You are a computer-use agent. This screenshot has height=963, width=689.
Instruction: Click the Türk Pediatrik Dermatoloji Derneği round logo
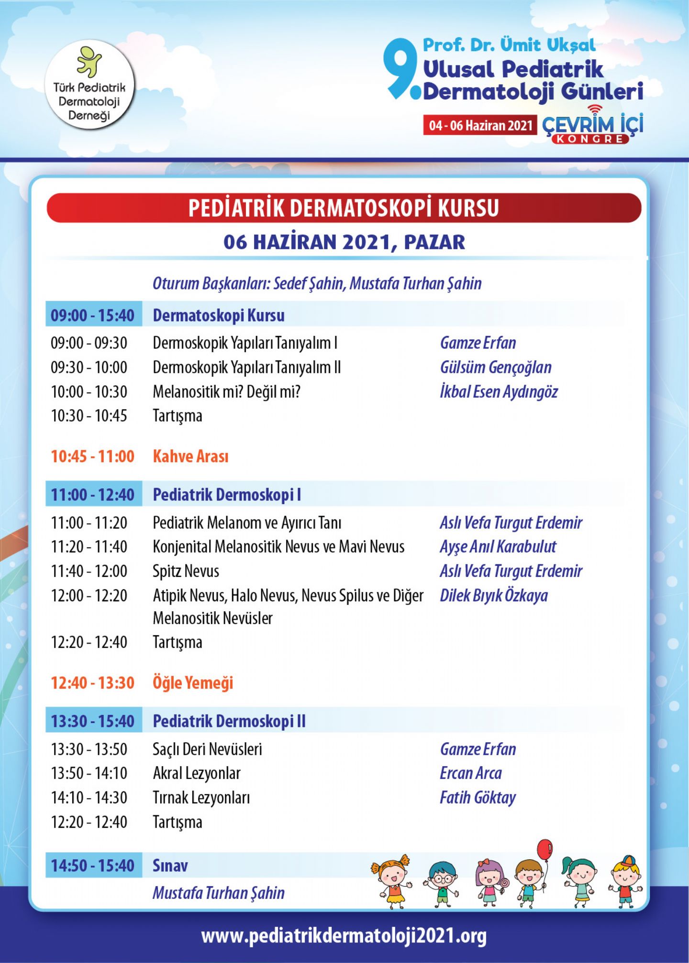pyautogui.click(x=89, y=85)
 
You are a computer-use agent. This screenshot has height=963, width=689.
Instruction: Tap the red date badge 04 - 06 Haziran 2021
pyautogui.click(x=480, y=125)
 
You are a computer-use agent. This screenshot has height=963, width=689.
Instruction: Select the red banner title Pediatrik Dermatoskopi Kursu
pyautogui.click(x=344, y=208)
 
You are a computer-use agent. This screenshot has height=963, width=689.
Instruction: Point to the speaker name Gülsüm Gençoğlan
pyautogui.click(x=496, y=368)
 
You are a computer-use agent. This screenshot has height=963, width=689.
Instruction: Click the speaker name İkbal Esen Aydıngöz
pyautogui.click(x=499, y=392)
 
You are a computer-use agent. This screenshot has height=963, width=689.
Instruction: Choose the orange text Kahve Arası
pyautogui.click(x=190, y=456)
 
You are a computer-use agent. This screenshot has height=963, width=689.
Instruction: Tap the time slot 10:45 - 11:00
pyautogui.click(x=93, y=456)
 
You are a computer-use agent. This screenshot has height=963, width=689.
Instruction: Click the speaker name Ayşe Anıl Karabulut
pyautogui.click(x=498, y=547)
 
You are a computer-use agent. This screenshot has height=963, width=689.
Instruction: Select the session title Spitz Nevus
pyautogui.click(x=186, y=571)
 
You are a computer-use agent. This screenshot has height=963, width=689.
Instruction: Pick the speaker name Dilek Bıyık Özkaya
pyautogui.click(x=494, y=595)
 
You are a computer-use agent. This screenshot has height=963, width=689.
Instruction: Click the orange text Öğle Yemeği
pyautogui.click(x=193, y=682)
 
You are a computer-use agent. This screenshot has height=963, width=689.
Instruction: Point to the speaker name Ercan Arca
pyautogui.click(x=471, y=773)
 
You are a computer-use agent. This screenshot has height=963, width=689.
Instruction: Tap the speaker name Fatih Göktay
pyautogui.click(x=478, y=798)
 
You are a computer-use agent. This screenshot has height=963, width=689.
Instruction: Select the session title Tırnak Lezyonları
pyautogui.click(x=201, y=798)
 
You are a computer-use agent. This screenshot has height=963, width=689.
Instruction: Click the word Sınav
pyautogui.click(x=170, y=866)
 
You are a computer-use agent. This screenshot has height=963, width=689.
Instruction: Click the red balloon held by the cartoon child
pyautogui.click(x=545, y=850)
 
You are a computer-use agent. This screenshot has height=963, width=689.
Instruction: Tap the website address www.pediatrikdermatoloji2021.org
pyautogui.click(x=344, y=935)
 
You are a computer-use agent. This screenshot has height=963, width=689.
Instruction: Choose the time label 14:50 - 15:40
pyautogui.click(x=93, y=866)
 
